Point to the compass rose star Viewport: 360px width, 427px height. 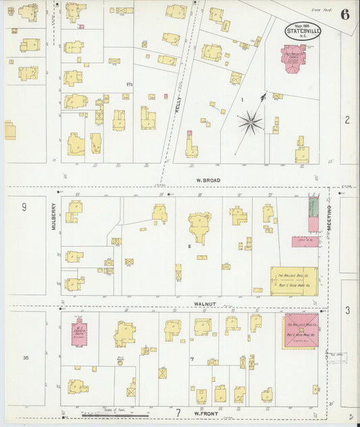pos(250,122)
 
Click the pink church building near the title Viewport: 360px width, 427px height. pos(293,58)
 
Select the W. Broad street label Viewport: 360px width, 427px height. pos(205,180)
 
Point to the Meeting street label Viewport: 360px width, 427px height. pos(330,218)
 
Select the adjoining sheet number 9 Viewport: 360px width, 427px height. pos(24,207)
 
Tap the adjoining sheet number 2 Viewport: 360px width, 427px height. pos(347,120)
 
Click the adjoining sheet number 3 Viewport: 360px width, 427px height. pos(347,310)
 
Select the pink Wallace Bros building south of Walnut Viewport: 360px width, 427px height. pos(301,330)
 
